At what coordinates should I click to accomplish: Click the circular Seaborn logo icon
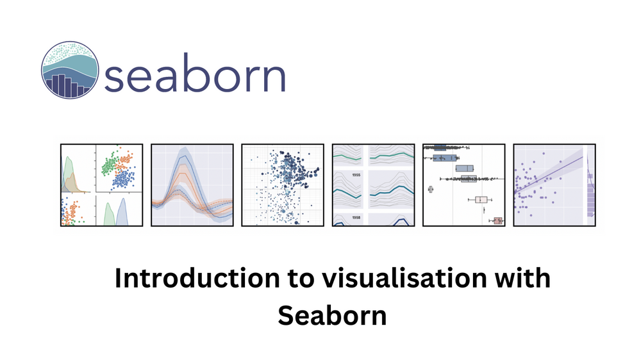click(71, 69)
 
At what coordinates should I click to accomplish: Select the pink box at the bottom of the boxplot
click(497, 221)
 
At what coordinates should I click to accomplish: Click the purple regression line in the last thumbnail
click(551, 174)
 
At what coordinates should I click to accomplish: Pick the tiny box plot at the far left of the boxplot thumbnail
click(431, 189)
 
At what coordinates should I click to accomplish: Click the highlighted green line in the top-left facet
click(347, 156)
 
